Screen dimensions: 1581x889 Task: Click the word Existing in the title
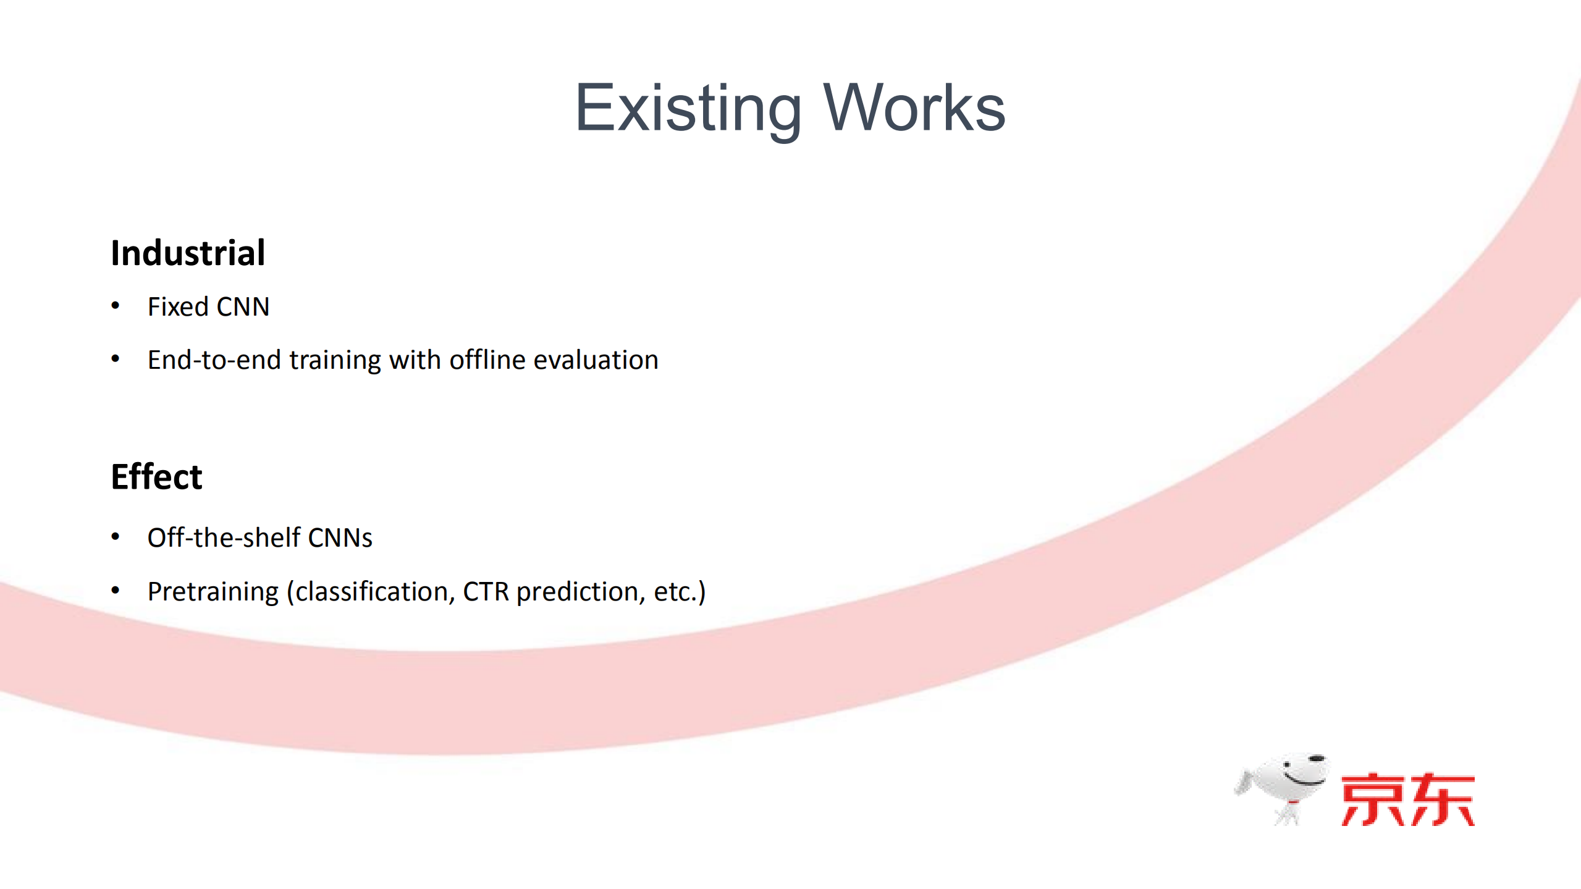688,109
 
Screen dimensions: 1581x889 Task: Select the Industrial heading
188,253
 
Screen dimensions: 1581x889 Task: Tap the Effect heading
156,476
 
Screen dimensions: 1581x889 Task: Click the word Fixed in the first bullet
178,306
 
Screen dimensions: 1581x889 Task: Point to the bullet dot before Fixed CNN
116,305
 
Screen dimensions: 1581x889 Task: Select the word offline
487,360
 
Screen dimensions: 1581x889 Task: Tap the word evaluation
596,360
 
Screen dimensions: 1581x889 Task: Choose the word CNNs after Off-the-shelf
340,537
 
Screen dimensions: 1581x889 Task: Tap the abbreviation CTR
486,592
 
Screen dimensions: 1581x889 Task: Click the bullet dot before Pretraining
116,591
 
